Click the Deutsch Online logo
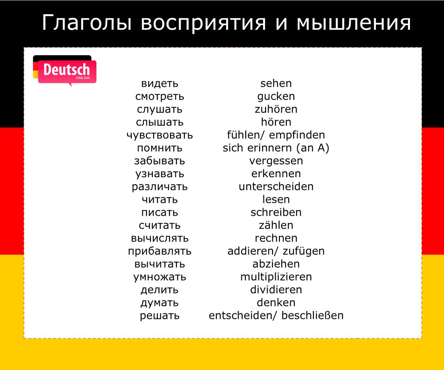click(x=65, y=71)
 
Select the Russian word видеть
click(x=160, y=83)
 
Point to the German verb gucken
click(x=276, y=97)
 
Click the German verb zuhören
click(x=276, y=109)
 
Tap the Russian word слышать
click(x=160, y=122)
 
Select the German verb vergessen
click(x=276, y=161)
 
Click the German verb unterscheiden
click(x=276, y=187)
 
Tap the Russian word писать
click(x=160, y=213)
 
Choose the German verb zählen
click(x=276, y=225)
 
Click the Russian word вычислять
click(x=160, y=238)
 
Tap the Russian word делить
click(x=160, y=290)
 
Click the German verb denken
click(x=276, y=303)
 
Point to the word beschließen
click(x=313, y=316)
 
